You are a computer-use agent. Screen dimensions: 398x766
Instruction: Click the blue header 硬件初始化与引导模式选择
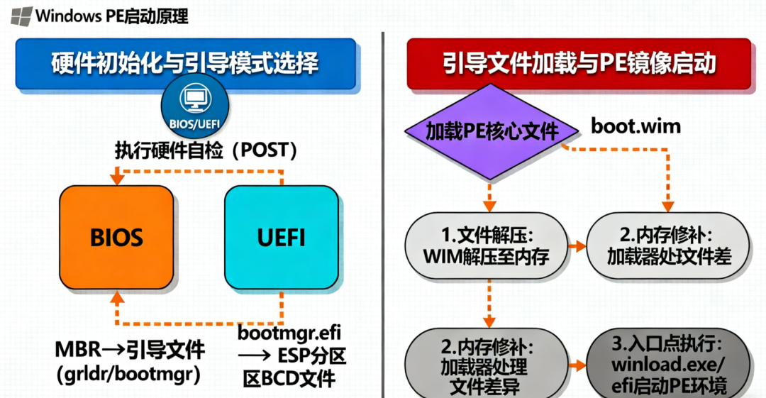tap(185, 63)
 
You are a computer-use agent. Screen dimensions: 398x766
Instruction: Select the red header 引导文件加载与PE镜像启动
tap(579, 63)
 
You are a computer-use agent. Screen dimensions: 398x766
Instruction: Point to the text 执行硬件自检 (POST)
tap(206, 151)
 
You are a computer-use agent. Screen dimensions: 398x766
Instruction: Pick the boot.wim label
tap(636, 127)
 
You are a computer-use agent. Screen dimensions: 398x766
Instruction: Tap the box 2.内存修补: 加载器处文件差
tap(669, 245)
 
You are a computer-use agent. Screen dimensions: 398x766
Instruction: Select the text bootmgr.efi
tap(291, 332)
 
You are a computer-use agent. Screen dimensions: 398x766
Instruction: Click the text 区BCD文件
tap(287, 377)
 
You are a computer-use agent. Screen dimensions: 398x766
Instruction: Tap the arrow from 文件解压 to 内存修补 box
tap(577, 245)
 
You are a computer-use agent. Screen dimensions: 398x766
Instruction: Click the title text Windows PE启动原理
tap(111, 15)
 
